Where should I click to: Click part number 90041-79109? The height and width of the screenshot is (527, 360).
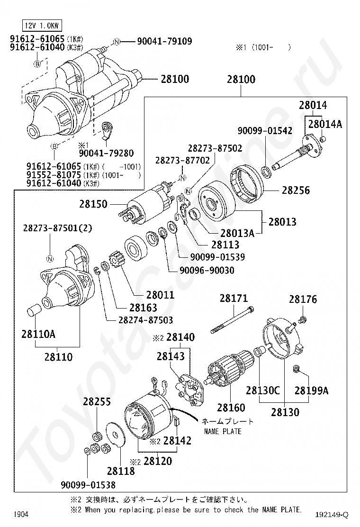(164, 42)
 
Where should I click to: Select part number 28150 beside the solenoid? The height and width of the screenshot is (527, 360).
(93, 204)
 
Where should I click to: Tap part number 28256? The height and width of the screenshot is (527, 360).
(296, 190)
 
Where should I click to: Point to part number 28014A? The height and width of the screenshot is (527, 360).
(325, 124)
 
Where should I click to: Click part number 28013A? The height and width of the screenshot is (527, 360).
(237, 233)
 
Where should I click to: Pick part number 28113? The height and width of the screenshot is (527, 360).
(225, 245)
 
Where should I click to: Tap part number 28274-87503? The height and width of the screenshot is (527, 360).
(146, 320)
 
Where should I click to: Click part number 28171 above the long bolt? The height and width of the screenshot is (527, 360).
(233, 299)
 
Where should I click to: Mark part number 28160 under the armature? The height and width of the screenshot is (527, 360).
(231, 408)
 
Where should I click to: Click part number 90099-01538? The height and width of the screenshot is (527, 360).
(88, 484)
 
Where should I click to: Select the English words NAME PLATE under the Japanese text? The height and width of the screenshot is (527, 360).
(223, 431)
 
